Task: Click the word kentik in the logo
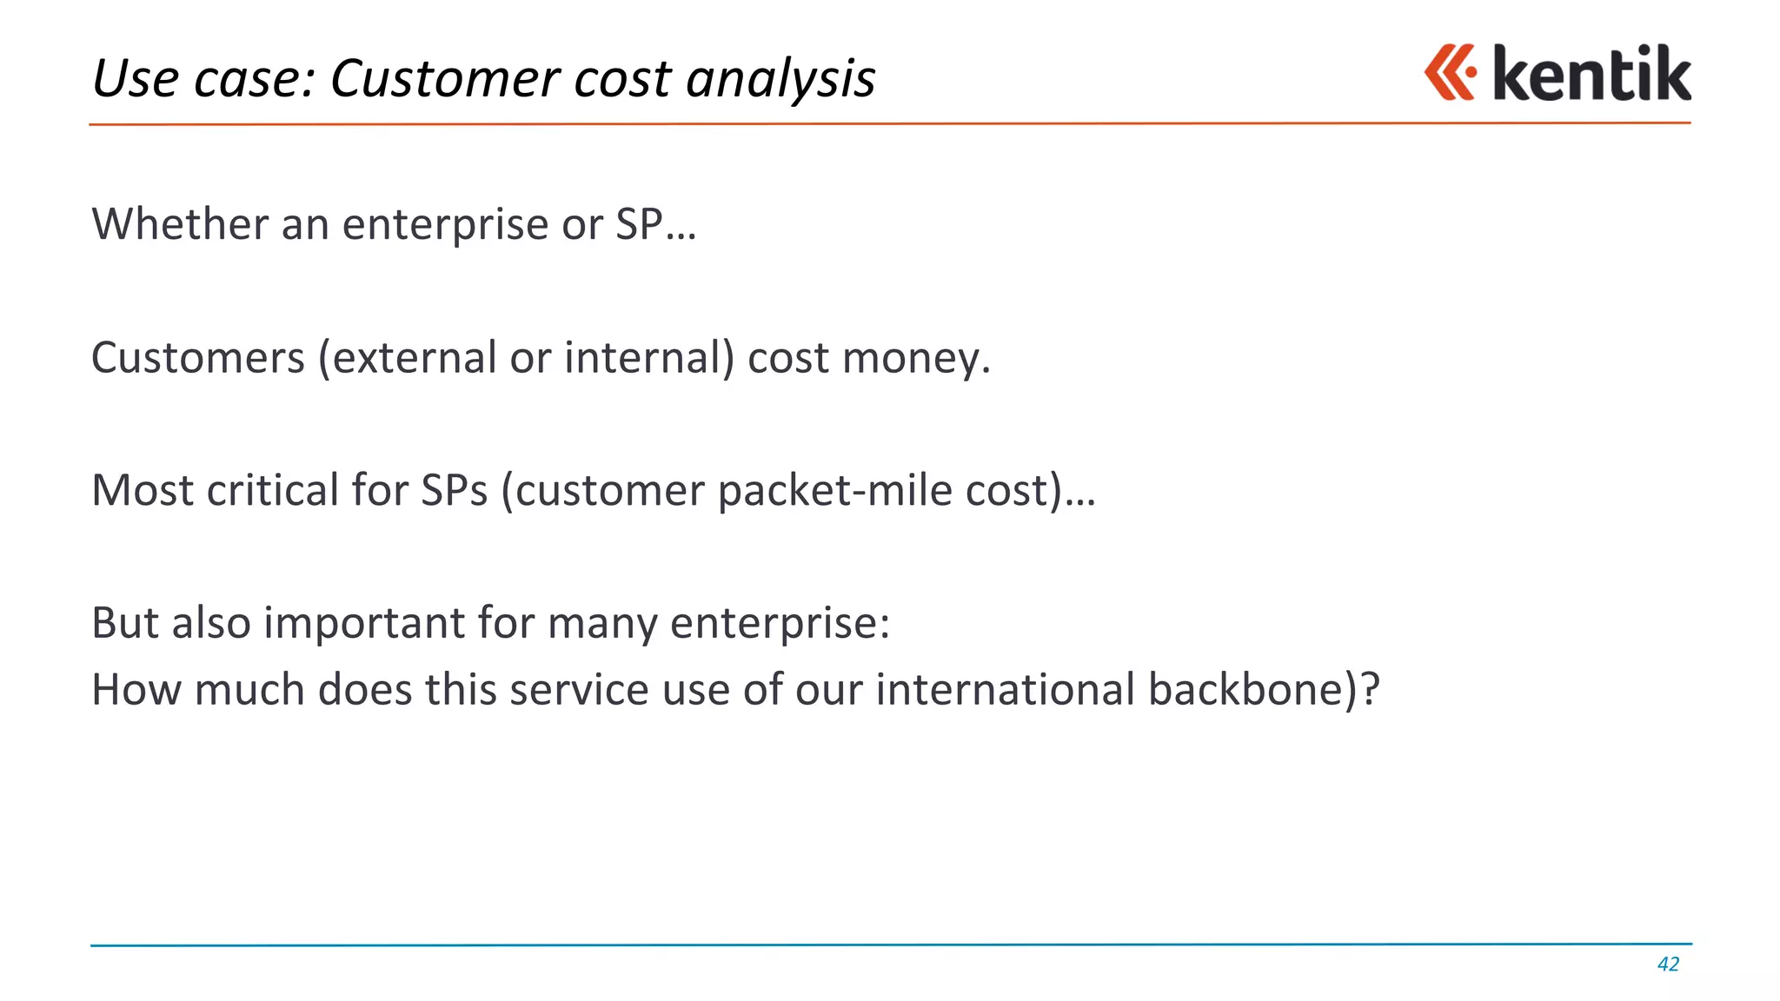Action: click(1591, 74)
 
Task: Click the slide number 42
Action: click(1668, 964)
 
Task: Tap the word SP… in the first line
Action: click(655, 225)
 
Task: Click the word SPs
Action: click(454, 491)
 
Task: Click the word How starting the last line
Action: click(136, 690)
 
